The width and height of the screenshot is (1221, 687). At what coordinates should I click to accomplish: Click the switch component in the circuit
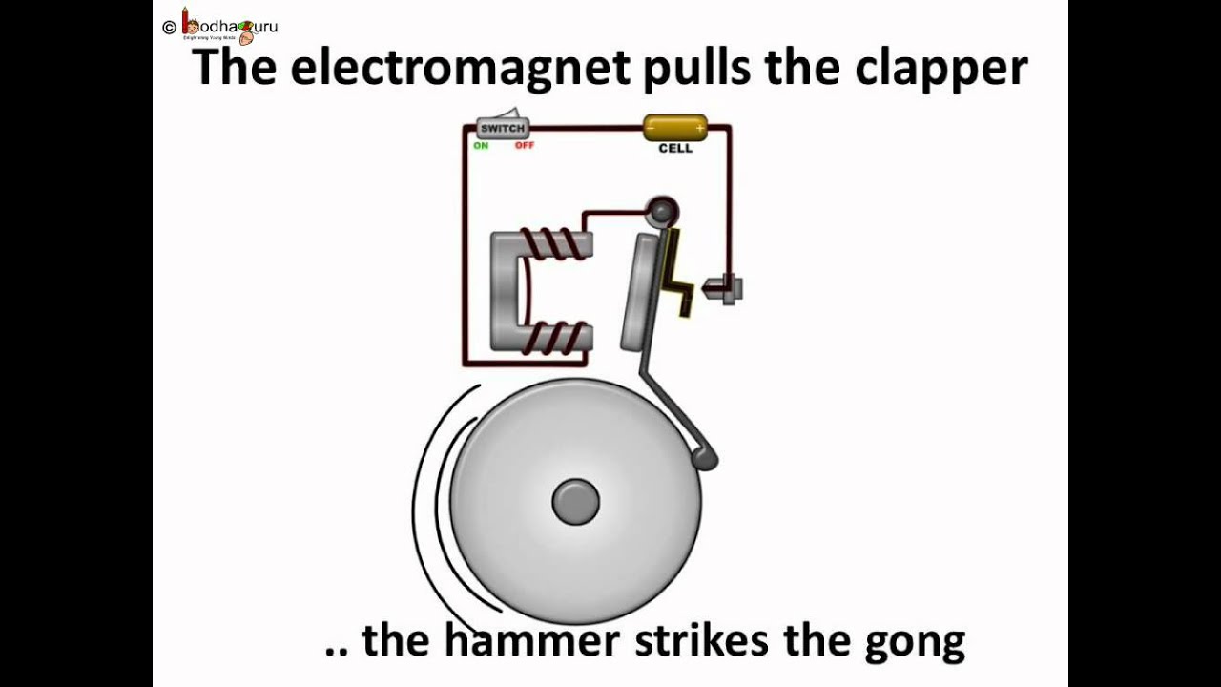503,128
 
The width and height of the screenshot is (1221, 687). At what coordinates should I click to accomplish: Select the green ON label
481,146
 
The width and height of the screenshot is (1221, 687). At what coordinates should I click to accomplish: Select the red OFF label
525,146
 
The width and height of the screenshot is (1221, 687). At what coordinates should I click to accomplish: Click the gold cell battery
675,127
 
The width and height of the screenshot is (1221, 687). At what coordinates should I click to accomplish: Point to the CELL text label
675,149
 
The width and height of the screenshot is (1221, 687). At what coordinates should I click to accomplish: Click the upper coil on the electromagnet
558,244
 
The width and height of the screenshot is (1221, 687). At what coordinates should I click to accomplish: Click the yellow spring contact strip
679,272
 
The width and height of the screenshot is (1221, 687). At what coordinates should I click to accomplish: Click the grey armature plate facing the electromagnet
639,291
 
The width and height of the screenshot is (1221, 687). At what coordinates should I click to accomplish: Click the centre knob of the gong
576,502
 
